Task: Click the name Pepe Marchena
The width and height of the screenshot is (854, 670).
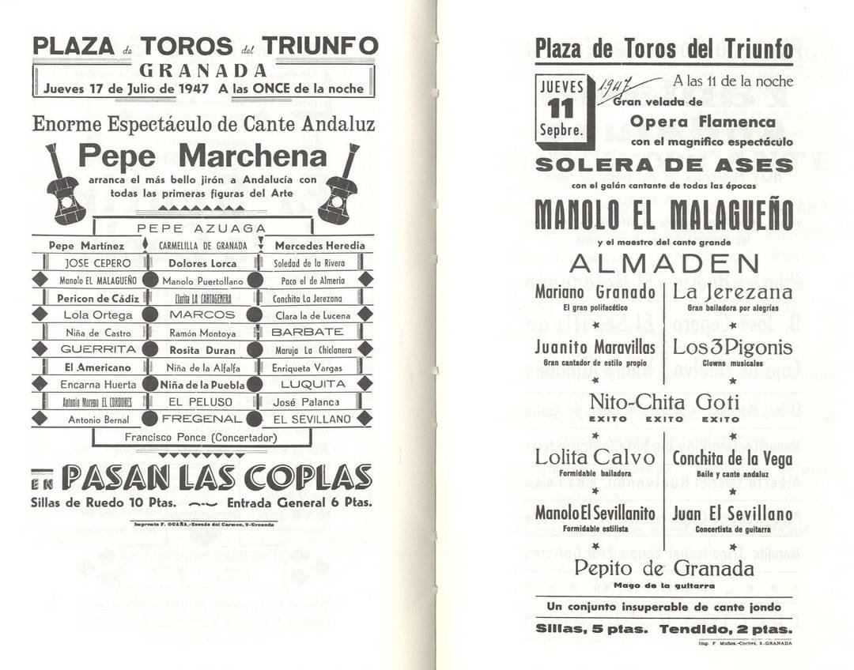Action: click(202, 156)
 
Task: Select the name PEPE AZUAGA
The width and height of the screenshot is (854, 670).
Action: click(202, 228)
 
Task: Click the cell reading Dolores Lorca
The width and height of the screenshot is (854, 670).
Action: click(202, 263)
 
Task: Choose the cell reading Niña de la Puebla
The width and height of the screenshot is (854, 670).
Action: click(202, 385)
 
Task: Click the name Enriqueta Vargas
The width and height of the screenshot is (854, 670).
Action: click(307, 367)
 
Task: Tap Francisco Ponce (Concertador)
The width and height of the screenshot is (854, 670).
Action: click(201, 437)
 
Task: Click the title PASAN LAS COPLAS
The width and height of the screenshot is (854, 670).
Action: click(217, 477)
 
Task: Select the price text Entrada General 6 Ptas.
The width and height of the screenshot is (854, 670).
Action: click(299, 502)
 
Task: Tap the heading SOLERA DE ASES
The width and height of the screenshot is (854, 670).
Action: click(663, 165)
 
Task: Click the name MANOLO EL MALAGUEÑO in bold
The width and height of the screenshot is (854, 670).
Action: click(663, 215)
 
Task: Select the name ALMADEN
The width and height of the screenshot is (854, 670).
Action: click(663, 263)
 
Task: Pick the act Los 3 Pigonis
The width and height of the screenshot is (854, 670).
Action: click(732, 347)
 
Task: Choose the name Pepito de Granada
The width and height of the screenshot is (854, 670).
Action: click(663, 568)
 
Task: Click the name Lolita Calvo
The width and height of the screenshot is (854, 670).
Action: click(595, 457)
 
